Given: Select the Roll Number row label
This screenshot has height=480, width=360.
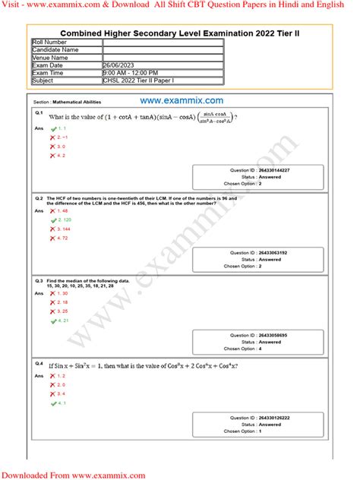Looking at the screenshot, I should [x=49, y=43].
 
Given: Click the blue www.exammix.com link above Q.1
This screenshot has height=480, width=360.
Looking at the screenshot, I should [x=181, y=100].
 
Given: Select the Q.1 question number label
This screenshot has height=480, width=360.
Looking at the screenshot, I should [x=39, y=112].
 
